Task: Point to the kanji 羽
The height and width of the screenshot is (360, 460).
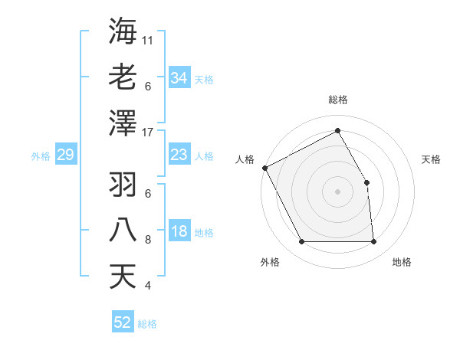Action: (x=123, y=184)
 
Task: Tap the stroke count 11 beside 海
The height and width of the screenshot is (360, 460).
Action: (x=148, y=40)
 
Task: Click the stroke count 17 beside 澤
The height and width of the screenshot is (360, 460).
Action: (x=148, y=132)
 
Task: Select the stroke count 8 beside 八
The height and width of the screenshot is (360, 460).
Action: (x=148, y=240)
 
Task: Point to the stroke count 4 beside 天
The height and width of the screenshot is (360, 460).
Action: (x=148, y=286)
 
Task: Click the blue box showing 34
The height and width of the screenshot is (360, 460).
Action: (x=179, y=78)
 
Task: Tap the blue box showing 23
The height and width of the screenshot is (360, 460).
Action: (x=179, y=155)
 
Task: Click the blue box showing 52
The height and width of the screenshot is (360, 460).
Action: (x=123, y=322)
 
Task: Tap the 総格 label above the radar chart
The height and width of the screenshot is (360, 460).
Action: (x=338, y=100)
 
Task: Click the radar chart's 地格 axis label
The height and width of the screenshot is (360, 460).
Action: (x=402, y=262)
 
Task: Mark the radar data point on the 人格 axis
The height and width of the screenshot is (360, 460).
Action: (x=265, y=168)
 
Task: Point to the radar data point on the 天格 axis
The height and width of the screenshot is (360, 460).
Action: (x=366, y=182)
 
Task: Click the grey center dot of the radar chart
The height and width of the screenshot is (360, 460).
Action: (x=337, y=191)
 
